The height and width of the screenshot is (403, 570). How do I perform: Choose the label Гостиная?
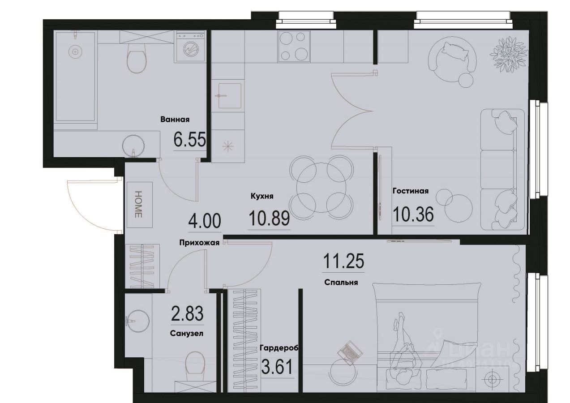(x=411, y=191)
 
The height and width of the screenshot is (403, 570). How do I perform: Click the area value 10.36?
(x=413, y=214)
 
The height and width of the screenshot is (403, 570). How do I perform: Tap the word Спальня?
(x=342, y=283)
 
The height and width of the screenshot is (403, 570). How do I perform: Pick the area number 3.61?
(x=277, y=368)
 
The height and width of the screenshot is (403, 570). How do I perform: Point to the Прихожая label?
(x=199, y=243)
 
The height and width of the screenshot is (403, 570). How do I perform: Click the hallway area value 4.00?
(x=204, y=221)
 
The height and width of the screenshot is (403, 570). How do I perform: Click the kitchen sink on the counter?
(x=228, y=95)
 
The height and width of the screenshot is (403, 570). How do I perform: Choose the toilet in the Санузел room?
(x=195, y=363)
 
